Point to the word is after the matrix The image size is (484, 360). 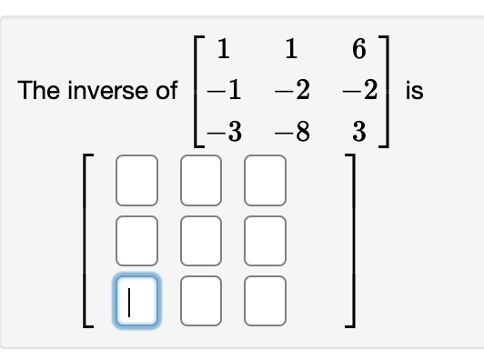coord(415,91)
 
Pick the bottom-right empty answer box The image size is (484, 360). coord(264,299)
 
